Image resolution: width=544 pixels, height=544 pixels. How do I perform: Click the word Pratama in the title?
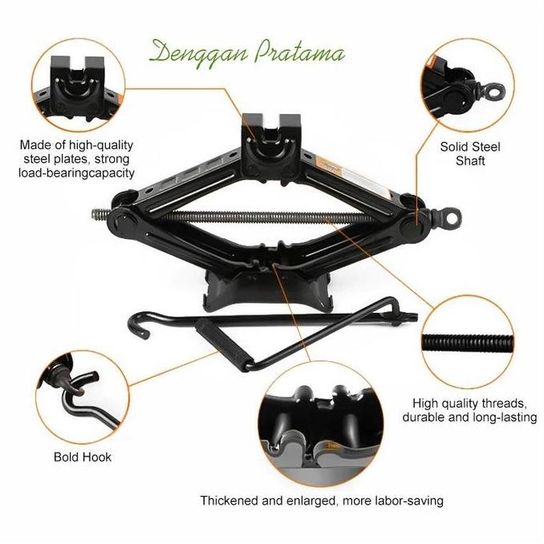(299, 54)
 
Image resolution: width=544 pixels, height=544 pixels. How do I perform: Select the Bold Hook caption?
(83, 457)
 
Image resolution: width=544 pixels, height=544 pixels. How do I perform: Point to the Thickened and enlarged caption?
(322, 501)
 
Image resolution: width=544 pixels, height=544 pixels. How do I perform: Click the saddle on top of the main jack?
(271, 132)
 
